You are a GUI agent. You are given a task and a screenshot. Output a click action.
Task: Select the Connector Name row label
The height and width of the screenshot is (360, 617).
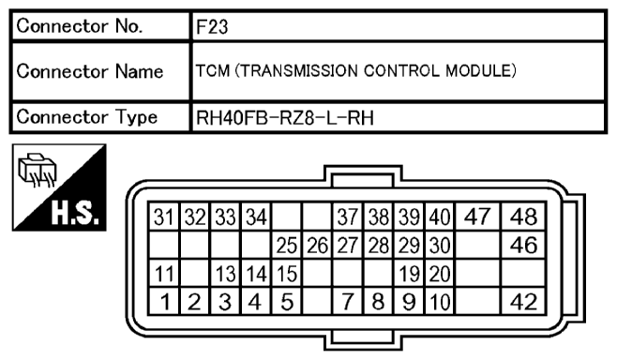click(x=89, y=72)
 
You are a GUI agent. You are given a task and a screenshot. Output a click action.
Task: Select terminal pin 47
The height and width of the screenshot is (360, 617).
click(x=477, y=218)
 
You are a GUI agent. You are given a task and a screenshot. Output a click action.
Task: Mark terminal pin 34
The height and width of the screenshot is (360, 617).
click(x=257, y=218)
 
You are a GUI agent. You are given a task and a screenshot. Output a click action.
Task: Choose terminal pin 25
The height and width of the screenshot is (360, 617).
click(x=287, y=247)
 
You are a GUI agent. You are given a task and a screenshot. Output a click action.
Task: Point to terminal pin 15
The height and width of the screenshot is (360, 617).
click(x=287, y=275)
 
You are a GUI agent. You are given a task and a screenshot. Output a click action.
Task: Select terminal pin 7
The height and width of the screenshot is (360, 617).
click(x=349, y=302)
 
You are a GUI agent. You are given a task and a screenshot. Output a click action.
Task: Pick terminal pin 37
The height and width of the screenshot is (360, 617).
click(x=349, y=218)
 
